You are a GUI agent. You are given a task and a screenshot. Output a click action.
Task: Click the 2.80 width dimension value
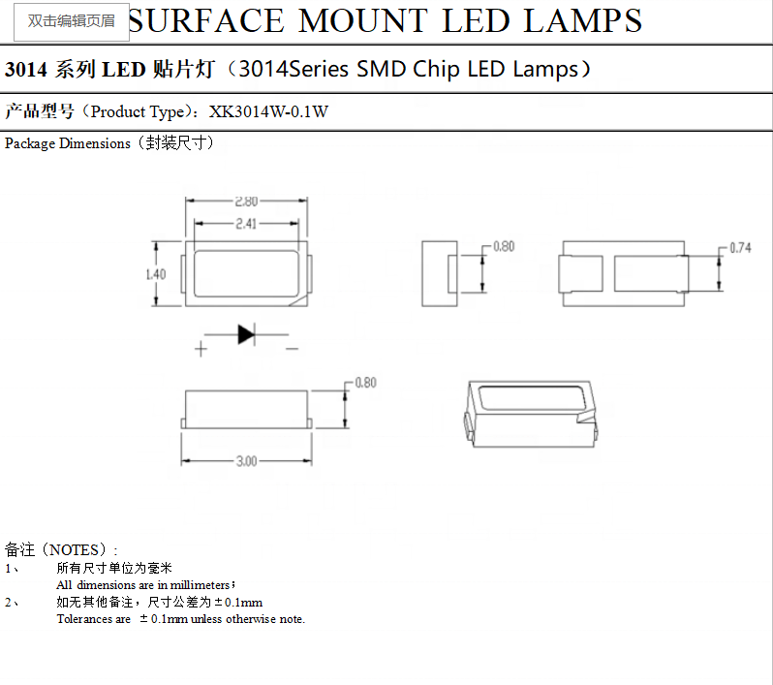(246, 202)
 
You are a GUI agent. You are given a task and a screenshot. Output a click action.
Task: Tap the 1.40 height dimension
(155, 274)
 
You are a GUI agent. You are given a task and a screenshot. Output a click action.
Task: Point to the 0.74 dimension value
(740, 248)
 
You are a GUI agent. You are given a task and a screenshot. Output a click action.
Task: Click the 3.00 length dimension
(246, 461)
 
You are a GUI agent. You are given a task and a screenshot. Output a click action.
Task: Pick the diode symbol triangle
(245, 334)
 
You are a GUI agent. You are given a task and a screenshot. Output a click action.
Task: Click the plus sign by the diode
(201, 349)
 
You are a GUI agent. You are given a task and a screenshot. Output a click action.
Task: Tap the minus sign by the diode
(291, 349)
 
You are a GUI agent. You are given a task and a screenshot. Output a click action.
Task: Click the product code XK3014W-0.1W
(269, 111)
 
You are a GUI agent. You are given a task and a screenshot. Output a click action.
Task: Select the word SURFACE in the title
(206, 20)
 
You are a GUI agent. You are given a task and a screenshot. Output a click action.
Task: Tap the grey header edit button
(72, 20)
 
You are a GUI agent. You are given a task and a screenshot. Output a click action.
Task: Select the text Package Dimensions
(68, 143)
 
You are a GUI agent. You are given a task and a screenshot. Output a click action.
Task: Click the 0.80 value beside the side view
(365, 383)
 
